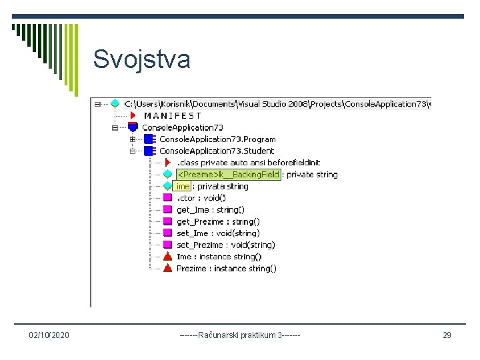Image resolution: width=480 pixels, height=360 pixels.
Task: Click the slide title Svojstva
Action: click(x=141, y=59)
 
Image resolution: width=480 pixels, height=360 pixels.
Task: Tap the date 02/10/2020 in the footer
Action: click(x=49, y=335)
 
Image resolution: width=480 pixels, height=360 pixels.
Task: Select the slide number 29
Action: click(x=447, y=335)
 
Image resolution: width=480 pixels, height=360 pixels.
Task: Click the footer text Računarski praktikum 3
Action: click(x=240, y=335)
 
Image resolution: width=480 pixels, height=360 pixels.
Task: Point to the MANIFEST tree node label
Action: click(x=172, y=115)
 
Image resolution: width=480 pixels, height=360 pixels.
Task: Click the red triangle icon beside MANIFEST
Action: click(x=133, y=115)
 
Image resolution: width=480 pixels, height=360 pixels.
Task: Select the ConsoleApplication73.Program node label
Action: click(x=217, y=139)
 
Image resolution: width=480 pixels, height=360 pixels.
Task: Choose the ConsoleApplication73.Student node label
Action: click(x=217, y=151)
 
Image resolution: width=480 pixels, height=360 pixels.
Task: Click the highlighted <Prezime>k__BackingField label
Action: click(x=227, y=175)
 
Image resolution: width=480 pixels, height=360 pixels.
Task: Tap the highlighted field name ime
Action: click(x=183, y=187)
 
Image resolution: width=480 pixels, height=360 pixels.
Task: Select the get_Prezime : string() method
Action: click(x=218, y=221)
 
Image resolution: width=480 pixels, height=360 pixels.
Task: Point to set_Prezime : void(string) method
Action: click(x=225, y=245)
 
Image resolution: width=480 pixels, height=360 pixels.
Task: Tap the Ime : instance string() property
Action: click(x=219, y=257)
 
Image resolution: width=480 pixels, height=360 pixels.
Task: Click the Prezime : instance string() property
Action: click(x=226, y=268)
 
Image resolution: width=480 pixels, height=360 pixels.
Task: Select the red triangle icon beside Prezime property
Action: click(x=168, y=268)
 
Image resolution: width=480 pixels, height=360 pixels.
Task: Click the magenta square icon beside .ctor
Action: click(x=168, y=198)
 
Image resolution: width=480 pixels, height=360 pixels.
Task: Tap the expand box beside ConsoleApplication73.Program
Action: click(x=133, y=139)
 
